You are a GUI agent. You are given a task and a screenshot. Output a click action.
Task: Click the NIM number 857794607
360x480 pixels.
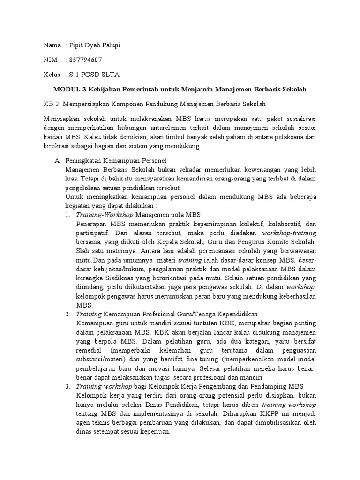click(85, 60)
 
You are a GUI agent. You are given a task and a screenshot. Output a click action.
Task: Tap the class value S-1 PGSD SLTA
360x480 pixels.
click(94, 75)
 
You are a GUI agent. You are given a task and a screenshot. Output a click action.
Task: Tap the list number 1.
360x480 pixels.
click(68, 215)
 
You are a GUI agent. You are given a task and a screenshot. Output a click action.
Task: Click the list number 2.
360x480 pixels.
click(68, 314)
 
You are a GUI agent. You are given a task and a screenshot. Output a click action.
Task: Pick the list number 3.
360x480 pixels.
click(68, 386)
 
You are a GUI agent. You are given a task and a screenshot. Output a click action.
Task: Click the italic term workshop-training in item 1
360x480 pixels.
click(289, 233)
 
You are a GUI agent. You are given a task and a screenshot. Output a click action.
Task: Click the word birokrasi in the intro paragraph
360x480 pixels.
click(57, 146)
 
